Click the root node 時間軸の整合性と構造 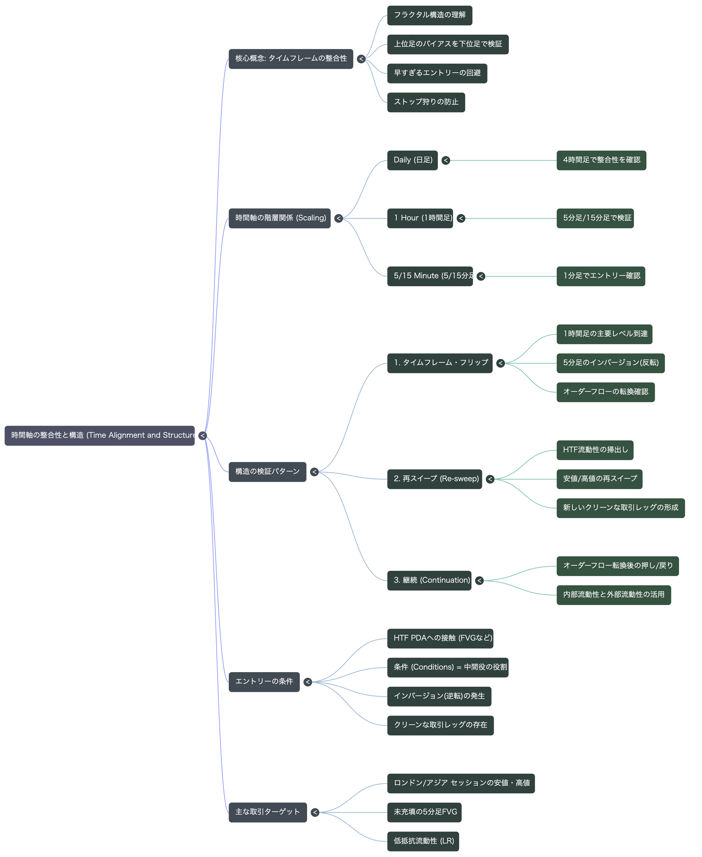tap(99, 436)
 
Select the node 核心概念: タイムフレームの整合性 tap(291, 59)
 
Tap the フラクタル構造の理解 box tap(429, 15)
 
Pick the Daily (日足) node tap(412, 160)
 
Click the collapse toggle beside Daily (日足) tap(446, 160)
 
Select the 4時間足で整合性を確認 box tap(601, 160)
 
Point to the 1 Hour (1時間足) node tap(420, 218)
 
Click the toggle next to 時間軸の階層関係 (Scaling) tap(339, 218)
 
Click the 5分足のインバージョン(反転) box tap(611, 363)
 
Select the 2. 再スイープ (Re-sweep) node tap(435, 479)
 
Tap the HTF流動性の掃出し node tap(595, 450)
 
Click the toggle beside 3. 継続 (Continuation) tap(479, 581)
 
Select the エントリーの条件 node tap(264, 682)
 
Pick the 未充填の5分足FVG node tap(424, 813)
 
